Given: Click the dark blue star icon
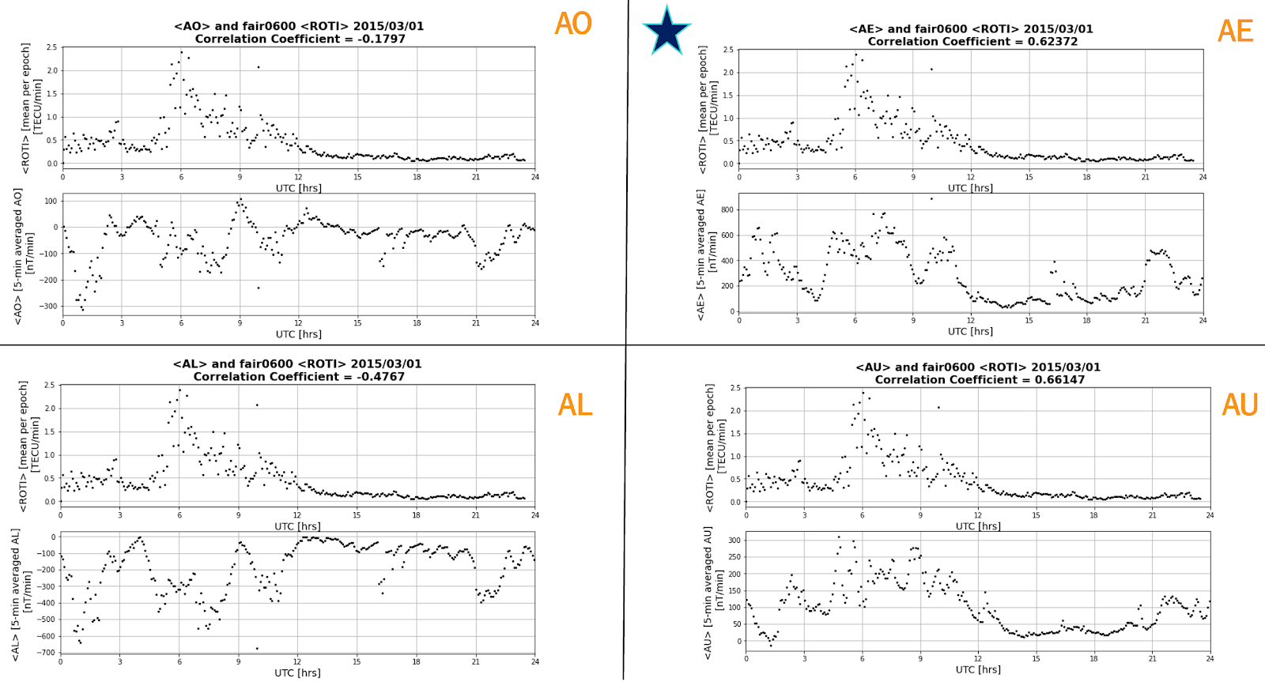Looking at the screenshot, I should (666, 32).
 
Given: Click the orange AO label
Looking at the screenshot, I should (573, 24).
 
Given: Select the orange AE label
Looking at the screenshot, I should (1235, 31).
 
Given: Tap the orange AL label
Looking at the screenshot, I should (575, 405).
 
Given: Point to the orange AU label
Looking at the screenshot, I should (1239, 405).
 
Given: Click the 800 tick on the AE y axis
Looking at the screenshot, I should (727, 210).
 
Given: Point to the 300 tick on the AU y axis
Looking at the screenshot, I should (734, 541).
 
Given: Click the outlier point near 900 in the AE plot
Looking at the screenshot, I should (931, 198).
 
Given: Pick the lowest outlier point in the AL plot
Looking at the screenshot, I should (257, 649).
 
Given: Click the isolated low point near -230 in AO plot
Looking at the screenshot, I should (258, 288).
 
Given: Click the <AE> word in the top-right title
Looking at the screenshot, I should (866, 29).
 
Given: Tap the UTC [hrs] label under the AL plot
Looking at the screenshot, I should (297, 673).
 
